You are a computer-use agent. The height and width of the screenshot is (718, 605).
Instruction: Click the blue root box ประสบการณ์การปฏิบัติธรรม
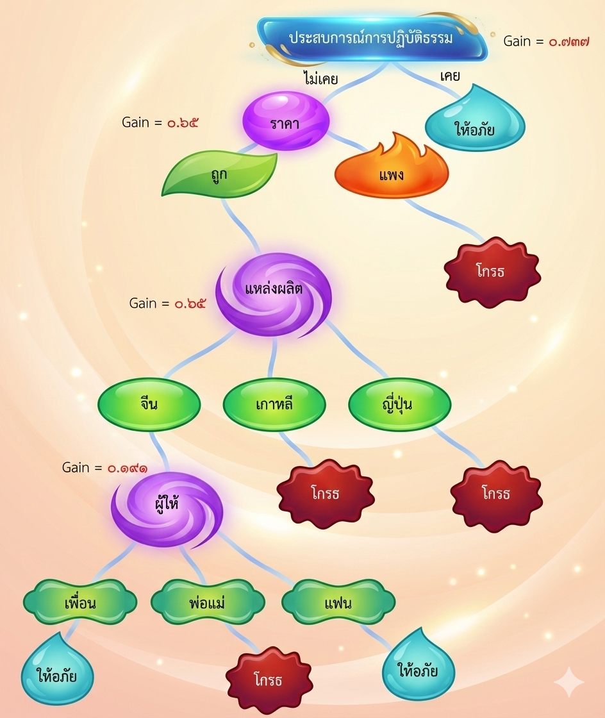tap(371, 38)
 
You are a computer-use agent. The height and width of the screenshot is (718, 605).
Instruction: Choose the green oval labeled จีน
tap(149, 405)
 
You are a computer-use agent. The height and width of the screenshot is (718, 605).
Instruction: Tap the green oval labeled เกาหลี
tap(274, 405)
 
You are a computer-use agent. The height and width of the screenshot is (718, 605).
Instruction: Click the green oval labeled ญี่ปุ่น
tap(400, 405)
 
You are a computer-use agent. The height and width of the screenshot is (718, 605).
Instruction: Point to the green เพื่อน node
tap(80, 603)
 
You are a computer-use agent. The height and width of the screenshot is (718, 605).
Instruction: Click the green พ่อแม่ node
tap(208, 603)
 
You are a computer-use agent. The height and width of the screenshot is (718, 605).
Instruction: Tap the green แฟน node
tap(338, 603)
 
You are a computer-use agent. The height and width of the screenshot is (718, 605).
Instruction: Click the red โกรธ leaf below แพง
tap(492, 271)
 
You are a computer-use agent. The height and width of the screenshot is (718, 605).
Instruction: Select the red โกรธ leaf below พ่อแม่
tap(269, 678)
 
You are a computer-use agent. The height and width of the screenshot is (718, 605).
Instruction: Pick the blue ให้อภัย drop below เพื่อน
tap(57, 673)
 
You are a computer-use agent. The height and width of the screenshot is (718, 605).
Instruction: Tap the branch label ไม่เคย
tap(320, 79)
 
